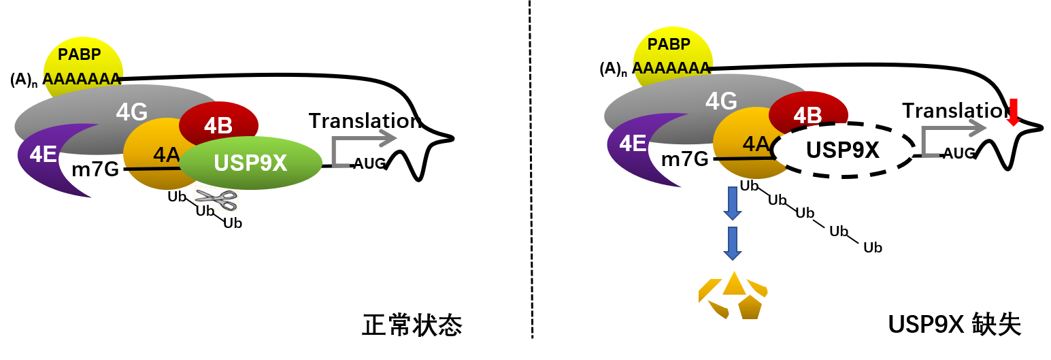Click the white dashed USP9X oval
click(843, 150)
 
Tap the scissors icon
click(216, 199)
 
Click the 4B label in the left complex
click(218, 125)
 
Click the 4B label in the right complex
click(808, 115)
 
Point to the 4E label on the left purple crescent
click(43, 154)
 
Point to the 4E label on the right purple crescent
click(633, 144)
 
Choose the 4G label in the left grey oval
click(132, 112)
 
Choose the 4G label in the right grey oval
click(722, 101)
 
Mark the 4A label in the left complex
click(166, 154)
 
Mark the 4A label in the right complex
click(756, 144)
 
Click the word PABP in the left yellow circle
click(80, 54)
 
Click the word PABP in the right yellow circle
click(669, 44)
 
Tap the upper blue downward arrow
click(732, 203)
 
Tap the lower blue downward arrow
click(732, 244)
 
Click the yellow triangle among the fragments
click(734, 284)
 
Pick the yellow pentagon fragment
click(750, 308)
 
